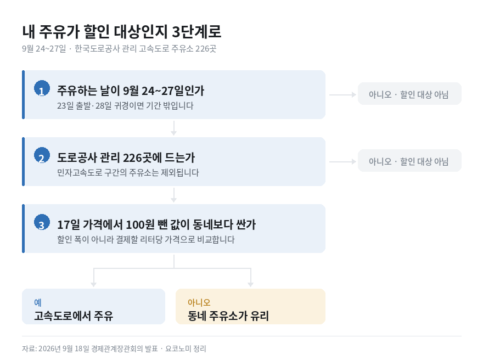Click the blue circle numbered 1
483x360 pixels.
(x=42, y=88)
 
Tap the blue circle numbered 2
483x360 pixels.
(x=42, y=155)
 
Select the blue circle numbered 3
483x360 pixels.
(x=42, y=222)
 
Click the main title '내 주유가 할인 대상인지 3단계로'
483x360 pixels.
(x=122, y=32)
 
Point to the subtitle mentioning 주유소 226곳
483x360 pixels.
(x=119, y=49)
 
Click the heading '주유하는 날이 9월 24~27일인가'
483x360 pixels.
(x=131, y=91)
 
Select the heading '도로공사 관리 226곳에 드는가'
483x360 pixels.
(x=126, y=157)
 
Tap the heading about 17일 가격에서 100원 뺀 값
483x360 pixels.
(x=156, y=224)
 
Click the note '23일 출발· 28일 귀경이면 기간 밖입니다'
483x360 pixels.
(x=125, y=105)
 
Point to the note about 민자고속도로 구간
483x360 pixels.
(x=128, y=172)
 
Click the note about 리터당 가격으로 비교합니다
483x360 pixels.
(x=146, y=239)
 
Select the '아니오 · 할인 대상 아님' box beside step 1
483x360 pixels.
(x=409, y=94)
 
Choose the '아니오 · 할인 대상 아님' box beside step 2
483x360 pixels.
(x=409, y=160)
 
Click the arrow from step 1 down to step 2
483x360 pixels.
(x=174, y=128)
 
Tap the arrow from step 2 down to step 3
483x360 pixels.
(x=174, y=195)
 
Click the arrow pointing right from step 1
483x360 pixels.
(x=343, y=94)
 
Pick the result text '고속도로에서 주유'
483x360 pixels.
(x=74, y=316)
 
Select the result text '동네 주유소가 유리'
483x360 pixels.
(x=228, y=316)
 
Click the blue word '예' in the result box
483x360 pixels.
(x=38, y=302)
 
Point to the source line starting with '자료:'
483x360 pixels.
(x=114, y=348)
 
